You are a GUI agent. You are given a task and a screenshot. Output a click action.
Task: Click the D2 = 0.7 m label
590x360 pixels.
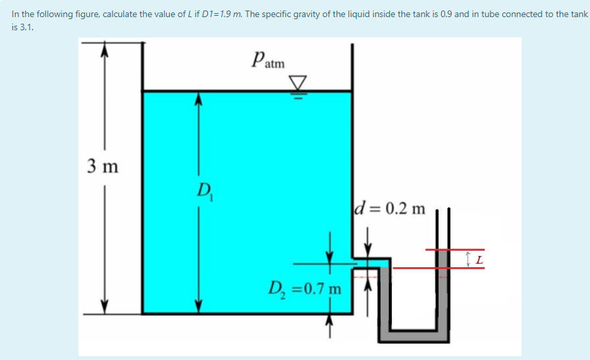point(305,288)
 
